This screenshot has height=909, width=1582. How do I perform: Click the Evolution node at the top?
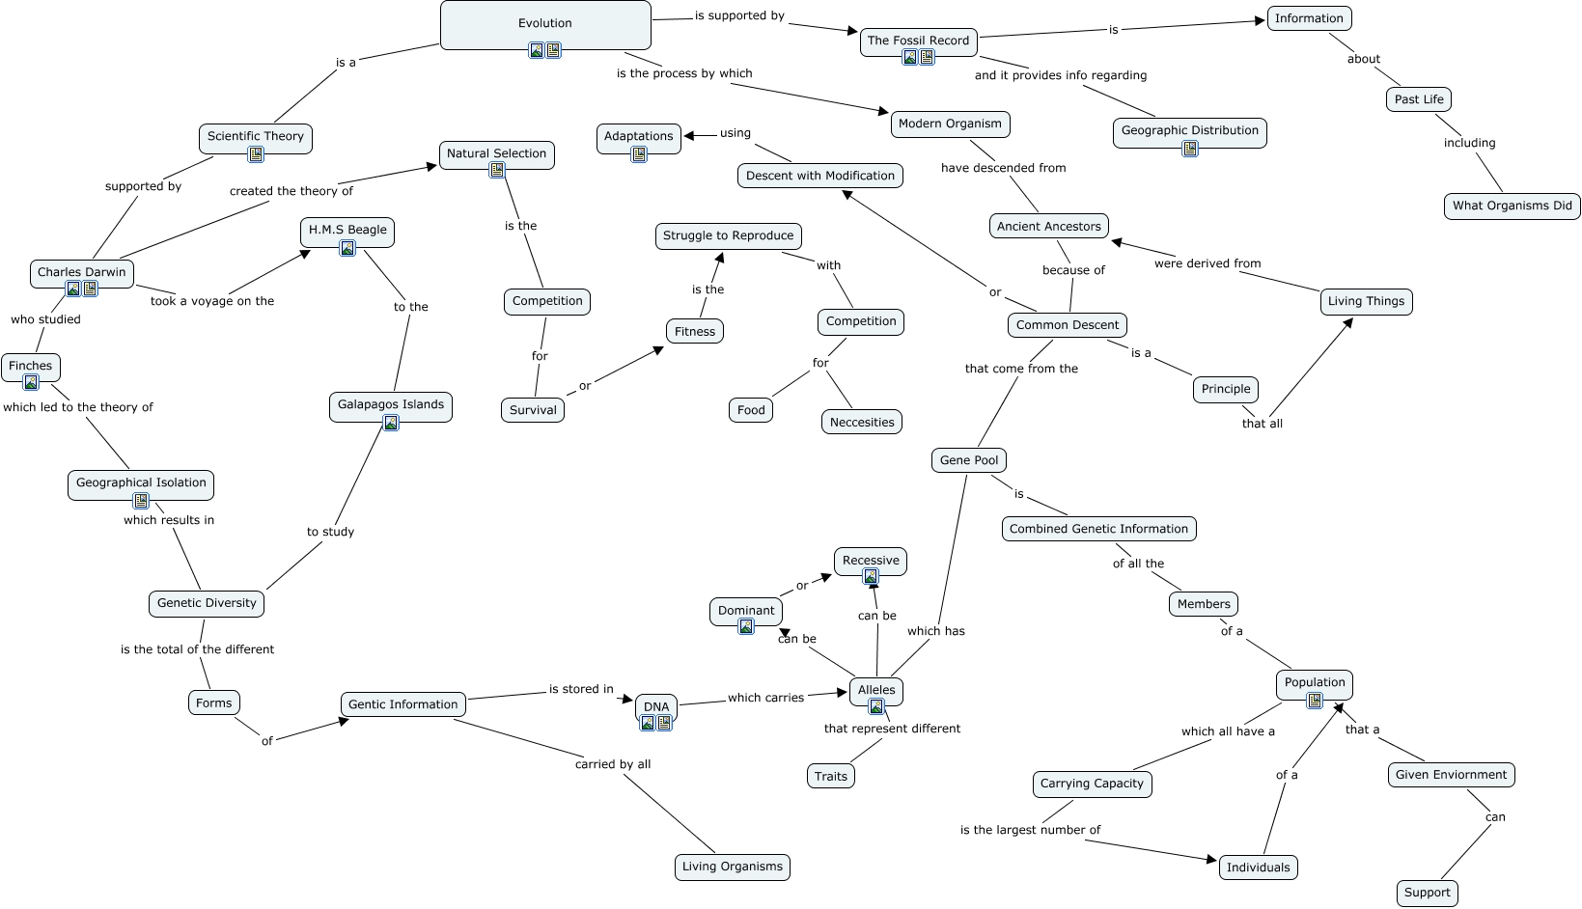coord(545,23)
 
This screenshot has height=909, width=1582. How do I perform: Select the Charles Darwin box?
coord(81,272)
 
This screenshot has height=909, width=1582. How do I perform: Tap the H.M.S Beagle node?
coord(347,230)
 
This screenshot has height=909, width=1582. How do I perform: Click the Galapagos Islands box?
coord(390,404)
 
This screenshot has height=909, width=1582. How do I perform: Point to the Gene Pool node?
coord(969,460)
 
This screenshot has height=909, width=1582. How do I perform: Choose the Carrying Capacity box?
coord(1092,784)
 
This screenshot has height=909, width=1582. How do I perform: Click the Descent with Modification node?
coord(819,176)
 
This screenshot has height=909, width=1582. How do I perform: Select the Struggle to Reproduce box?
coord(728,235)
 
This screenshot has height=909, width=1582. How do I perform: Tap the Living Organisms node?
coord(732,867)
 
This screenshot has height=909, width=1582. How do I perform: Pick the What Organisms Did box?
coord(1512,206)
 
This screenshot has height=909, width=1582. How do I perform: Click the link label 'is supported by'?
coord(739,15)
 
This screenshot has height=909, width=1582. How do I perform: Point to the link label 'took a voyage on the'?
coord(212,301)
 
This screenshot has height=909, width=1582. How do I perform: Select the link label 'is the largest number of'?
coord(1030,830)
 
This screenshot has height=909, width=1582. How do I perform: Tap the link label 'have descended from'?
coord(1003,168)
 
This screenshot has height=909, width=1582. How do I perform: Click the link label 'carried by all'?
coord(613,764)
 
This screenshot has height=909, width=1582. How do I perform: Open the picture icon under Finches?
coord(31,382)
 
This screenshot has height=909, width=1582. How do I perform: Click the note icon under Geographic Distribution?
coord(1190,149)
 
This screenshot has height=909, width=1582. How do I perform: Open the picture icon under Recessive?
coord(871,577)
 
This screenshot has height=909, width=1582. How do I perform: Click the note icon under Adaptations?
coord(639,154)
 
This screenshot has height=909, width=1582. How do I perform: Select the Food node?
coord(751,410)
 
